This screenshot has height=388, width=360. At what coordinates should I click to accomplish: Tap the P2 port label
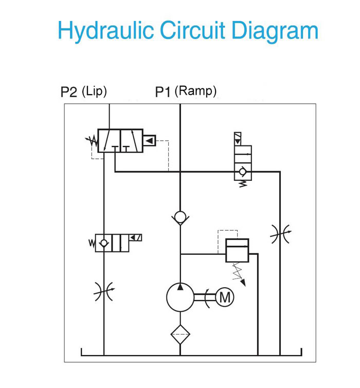click(69, 92)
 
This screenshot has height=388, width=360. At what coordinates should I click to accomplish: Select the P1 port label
click(163, 92)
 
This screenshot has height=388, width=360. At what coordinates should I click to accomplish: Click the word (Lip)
click(94, 91)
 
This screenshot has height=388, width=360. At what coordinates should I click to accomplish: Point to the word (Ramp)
click(195, 91)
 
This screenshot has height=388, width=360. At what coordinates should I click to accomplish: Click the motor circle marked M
click(225, 297)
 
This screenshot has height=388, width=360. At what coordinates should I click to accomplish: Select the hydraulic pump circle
click(180, 297)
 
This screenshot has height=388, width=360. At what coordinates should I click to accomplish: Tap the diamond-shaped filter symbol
click(180, 335)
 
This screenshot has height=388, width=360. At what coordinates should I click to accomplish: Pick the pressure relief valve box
click(237, 250)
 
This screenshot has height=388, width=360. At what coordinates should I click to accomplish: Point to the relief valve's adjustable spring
click(239, 274)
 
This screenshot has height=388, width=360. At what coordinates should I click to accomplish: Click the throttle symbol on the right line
click(280, 234)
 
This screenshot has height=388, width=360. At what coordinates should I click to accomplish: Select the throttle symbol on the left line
click(104, 291)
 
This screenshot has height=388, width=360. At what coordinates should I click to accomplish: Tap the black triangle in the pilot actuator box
click(149, 140)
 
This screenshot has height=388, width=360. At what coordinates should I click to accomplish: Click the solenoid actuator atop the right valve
click(238, 139)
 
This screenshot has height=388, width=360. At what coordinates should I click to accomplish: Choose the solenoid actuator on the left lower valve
click(135, 237)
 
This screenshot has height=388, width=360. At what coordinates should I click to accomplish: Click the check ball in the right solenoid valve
click(242, 172)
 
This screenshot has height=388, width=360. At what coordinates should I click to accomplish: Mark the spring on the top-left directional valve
click(92, 141)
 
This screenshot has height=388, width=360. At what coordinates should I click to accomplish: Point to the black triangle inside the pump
click(180, 287)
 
